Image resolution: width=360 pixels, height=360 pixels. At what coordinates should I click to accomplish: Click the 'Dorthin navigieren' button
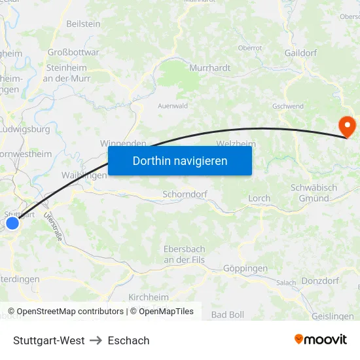pyautogui.click(x=179, y=160)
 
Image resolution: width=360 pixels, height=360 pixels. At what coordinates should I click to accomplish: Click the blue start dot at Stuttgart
pyautogui.click(x=12, y=223)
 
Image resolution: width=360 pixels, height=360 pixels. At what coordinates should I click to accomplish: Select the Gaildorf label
pyautogui.click(x=300, y=52)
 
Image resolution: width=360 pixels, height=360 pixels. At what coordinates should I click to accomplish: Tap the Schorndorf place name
pyautogui.click(x=184, y=194)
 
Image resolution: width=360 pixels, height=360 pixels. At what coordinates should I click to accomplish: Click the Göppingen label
pyautogui.click(x=245, y=268)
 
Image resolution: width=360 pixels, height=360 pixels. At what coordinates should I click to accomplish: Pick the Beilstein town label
pyautogui.click(x=83, y=24)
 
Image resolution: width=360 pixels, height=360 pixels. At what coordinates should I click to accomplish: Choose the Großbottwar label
pyautogui.click(x=73, y=52)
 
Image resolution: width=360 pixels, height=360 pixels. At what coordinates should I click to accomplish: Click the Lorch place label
pyautogui.click(x=259, y=198)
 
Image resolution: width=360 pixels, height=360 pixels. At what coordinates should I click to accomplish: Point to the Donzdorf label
pyautogui.click(x=321, y=281)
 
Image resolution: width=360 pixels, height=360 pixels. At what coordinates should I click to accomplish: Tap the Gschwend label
pyautogui.click(x=288, y=105)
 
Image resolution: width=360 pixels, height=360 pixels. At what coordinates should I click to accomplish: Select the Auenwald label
pyautogui.click(x=173, y=105)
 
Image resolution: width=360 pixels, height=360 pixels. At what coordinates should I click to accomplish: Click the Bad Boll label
pyautogui.click(x=227, y=315)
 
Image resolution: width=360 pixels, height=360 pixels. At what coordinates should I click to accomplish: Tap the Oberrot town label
pyautogui.click(x=249, y=48)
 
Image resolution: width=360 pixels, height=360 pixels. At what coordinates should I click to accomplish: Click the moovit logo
pyautogui.click(x=320, y=339)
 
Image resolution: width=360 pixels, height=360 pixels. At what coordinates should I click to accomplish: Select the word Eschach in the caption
pyautogui.click(x=128, y=340)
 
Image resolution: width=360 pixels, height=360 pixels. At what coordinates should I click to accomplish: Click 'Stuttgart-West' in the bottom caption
pyautogui.click(x=48, y=340)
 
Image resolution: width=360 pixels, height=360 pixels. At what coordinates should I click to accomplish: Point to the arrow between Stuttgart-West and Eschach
pyautogui.click(x=96, y=340)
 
